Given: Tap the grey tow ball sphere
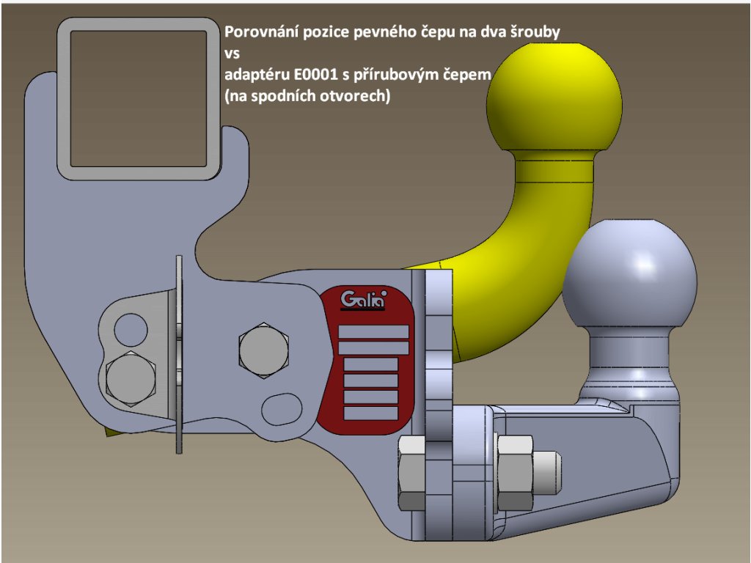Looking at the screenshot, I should click(630, 276).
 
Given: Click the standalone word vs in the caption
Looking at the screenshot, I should click(231, 54).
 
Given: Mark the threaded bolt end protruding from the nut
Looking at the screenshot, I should click(547, 472).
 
